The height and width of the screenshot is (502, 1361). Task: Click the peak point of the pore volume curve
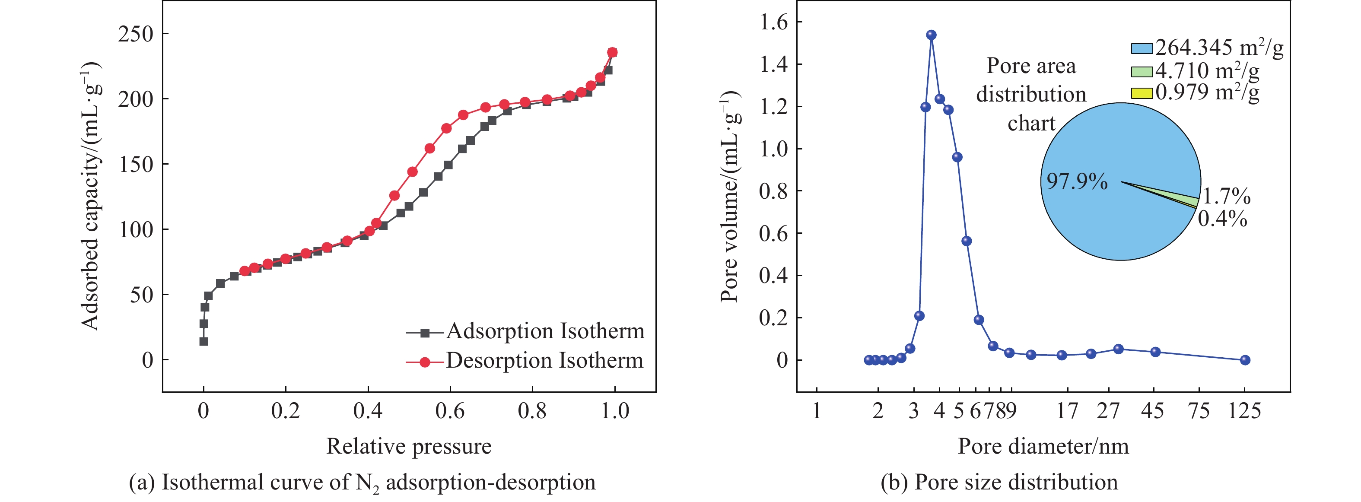(x=932, y=35)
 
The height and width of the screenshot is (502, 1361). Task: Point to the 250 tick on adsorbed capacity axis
(x=136, y=34)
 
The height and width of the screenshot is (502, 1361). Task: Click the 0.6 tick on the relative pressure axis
(x=450, y=410)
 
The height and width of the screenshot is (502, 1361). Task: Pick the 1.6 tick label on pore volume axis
(x=773, y=22)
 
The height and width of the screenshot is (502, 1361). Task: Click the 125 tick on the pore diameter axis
(x=1244, y=410)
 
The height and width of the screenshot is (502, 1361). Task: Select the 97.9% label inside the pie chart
(x=1077, y=181)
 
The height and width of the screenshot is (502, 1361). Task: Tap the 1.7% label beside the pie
(x=1227, y=197)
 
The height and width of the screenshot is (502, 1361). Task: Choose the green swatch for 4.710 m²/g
(x=1141, y=71)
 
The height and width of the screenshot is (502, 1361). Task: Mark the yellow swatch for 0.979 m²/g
(x=1141, y=93)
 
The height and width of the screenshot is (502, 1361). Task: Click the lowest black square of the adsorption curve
(x=204, y=341)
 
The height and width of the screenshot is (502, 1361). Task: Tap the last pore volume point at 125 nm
(x=1245, y=360)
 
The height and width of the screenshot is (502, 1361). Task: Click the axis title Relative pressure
(x=409, y=447)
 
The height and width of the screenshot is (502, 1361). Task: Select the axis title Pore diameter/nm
(x=1043, y=447)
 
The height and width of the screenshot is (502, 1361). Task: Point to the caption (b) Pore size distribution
(x=999, y=483)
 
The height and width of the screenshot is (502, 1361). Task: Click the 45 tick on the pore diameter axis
(x=1152, y=410)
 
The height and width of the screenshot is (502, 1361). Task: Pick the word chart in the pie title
(x=1031, y=123)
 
